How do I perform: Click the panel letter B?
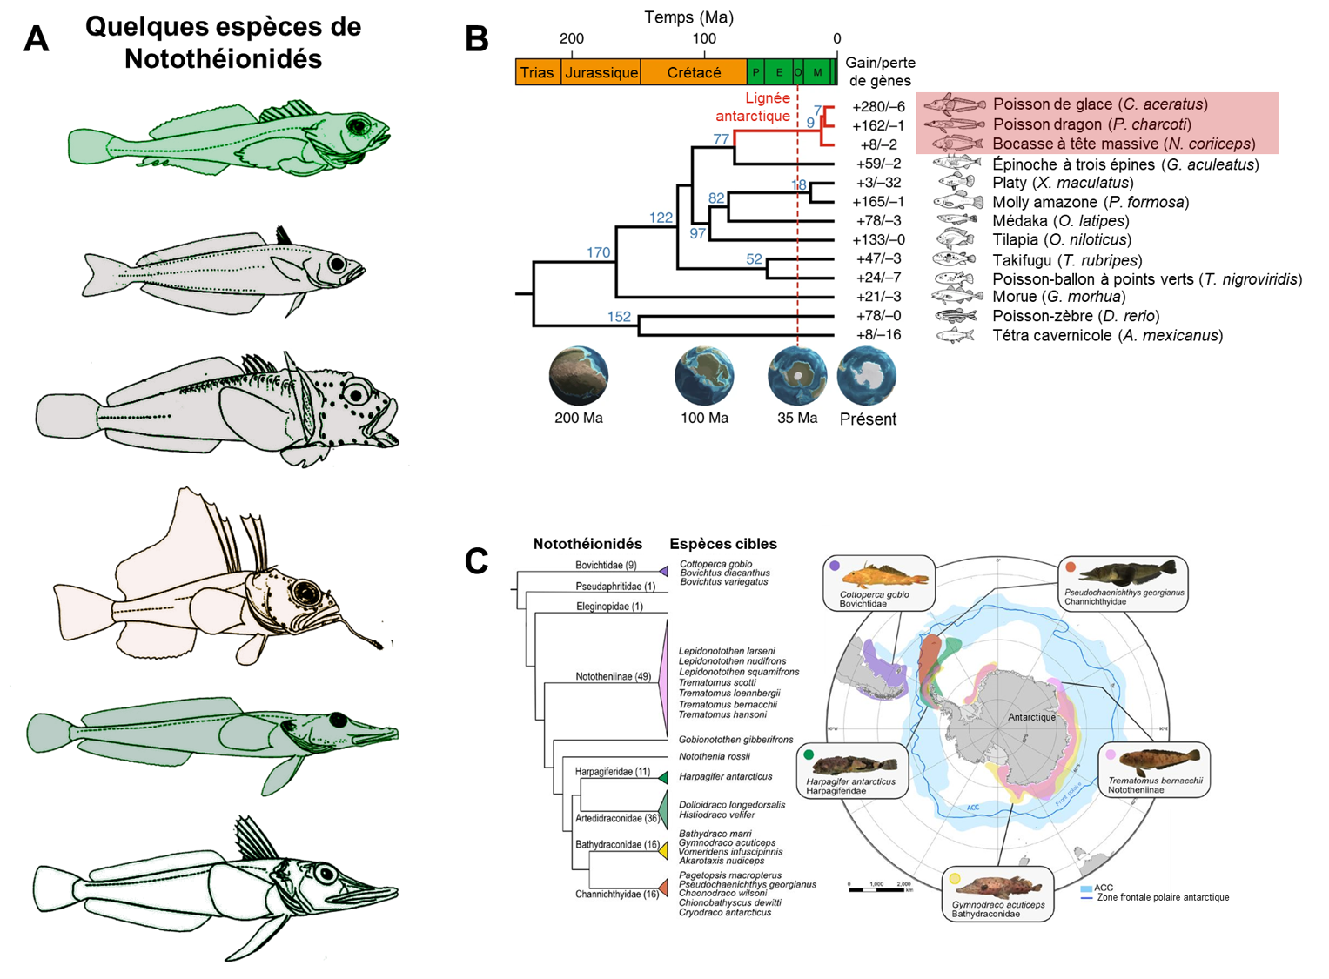(x=477, y=39)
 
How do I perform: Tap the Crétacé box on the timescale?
(x=694, y=72)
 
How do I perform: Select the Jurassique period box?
(x=601, y=72)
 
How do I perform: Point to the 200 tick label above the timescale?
(x=572, y=38)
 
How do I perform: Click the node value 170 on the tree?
(x=598, y=252)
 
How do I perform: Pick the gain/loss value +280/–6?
(x=878, y=106)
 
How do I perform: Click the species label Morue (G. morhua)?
(x=1058, y=297)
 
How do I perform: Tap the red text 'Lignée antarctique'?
(x=754, y=107)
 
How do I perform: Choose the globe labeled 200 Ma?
(x=579, y=376)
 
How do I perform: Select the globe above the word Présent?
(x=867, y=376)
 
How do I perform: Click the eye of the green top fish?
(x=358, y=127)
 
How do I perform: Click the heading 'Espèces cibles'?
(x=723, y=544)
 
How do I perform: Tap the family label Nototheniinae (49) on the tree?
(x=613, y=676)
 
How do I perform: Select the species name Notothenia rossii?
(x=714, y=756)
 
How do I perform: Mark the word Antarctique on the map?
(x=1031, y=717)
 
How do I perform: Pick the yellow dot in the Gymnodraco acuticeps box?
(x=955, y=879)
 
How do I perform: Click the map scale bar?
(x=880, y=889)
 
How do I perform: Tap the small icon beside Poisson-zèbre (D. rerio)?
(x=956, y=316)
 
